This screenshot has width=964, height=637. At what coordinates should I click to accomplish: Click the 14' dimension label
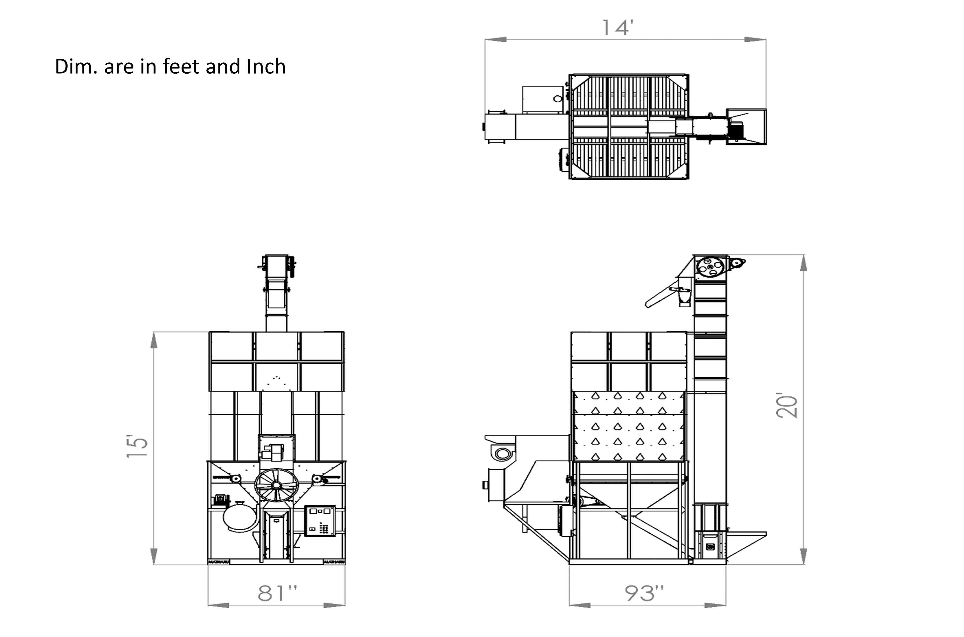(617, 28)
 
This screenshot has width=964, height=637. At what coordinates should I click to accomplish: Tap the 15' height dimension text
(137, 447)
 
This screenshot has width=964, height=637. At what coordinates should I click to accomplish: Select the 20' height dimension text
(787, 406)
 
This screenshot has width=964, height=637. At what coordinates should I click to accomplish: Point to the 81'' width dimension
(277, 593)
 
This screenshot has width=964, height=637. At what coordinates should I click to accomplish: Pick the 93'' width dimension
(645, 593)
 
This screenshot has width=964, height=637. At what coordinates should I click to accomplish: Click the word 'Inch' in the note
(266, 66)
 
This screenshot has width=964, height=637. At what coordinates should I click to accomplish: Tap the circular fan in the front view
(276, 485)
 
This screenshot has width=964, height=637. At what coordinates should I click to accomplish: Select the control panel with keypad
(320, 521)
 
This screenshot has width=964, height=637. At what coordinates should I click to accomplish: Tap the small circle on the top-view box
(558, 98)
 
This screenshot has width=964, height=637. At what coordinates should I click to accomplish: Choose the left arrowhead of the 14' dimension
(495, 39)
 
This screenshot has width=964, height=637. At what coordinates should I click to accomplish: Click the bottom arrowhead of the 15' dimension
(154, 556)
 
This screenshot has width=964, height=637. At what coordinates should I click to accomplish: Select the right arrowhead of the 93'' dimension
(715, 605)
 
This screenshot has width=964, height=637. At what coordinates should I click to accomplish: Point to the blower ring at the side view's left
(503, 454)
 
